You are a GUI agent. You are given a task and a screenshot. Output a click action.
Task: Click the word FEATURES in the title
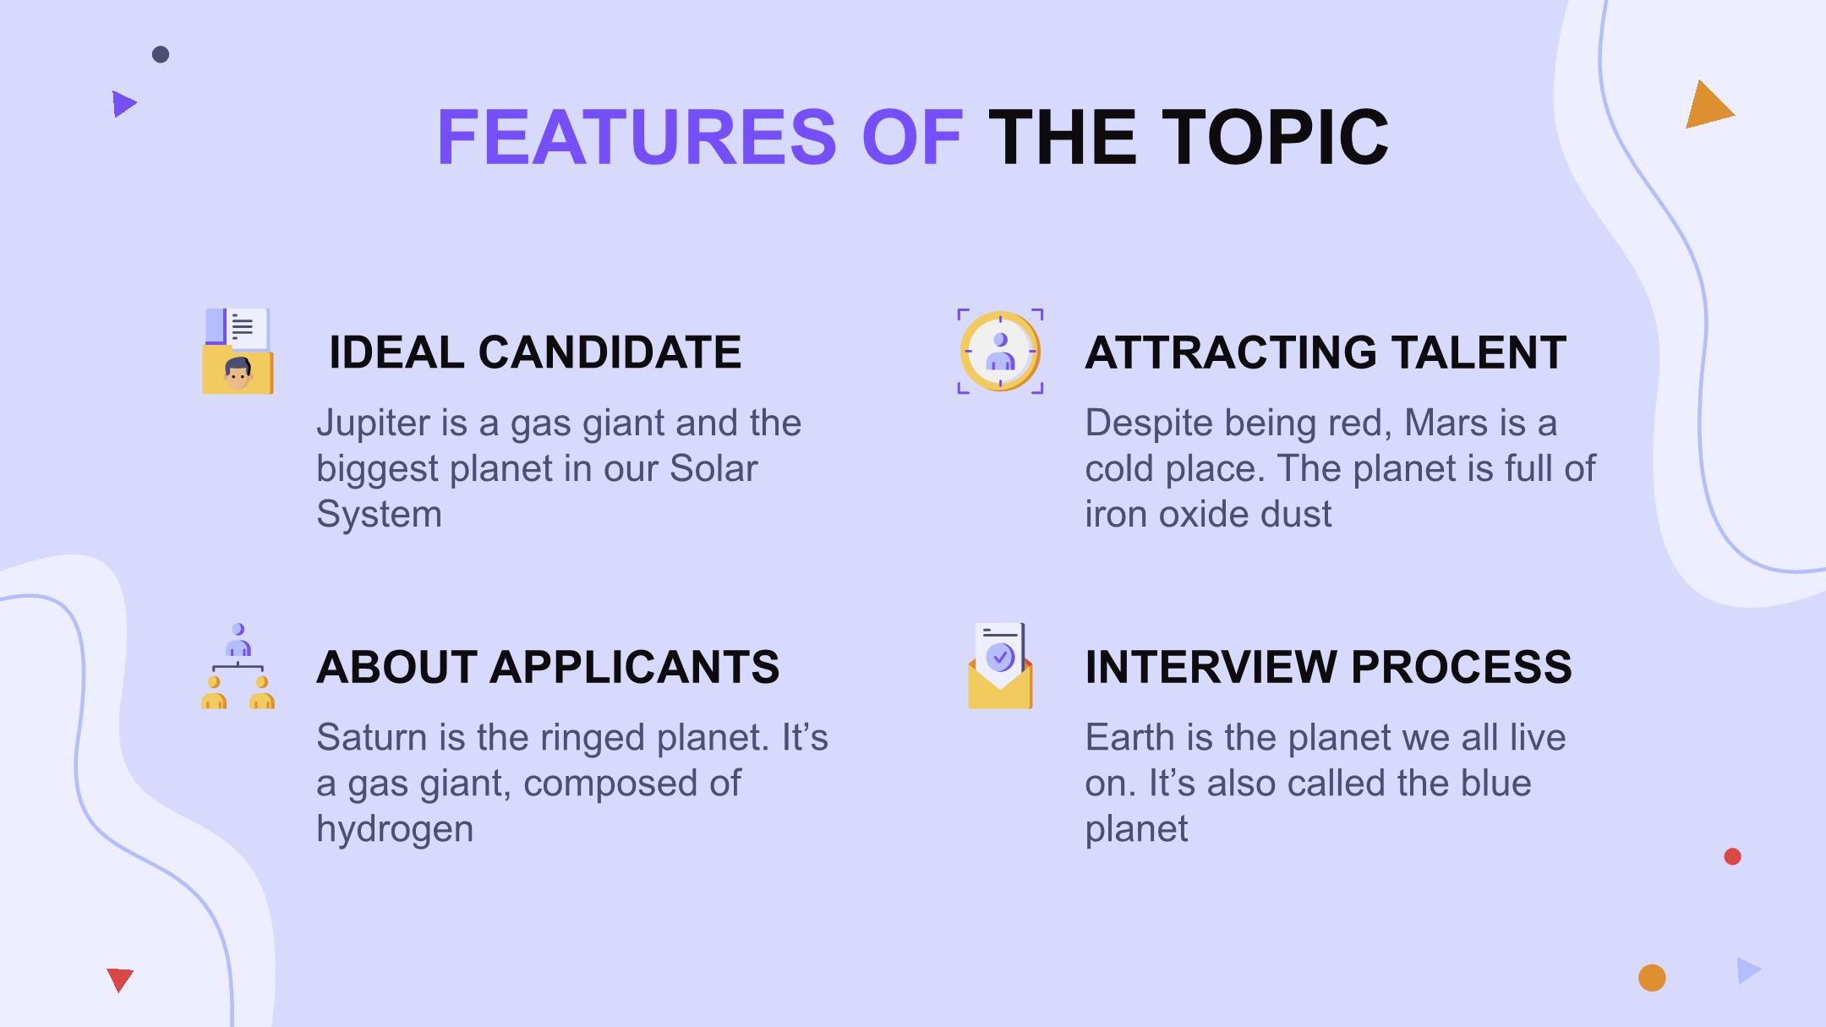point(637,137)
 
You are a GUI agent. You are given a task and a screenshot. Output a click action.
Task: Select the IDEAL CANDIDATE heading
point(535,352)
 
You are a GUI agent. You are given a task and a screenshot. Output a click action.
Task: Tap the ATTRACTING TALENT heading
point(1326,352)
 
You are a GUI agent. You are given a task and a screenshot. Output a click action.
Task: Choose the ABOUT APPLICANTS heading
point(548,666)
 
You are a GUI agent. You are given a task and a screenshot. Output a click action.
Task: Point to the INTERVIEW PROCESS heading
point(1328,666)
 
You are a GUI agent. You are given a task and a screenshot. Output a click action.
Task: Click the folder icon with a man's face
point(238,351)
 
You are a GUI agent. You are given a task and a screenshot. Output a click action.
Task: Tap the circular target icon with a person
point(1000,351)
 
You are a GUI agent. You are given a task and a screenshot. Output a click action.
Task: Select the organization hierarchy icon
point(238,665)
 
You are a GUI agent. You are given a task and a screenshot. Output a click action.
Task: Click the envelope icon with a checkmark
point(1000,665)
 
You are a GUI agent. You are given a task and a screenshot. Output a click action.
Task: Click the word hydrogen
point(395,829)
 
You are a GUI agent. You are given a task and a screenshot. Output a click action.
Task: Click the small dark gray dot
point(161,55)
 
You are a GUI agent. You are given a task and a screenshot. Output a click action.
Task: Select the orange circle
point(1652,978)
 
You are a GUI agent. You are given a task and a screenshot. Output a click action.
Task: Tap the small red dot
point(1732,856)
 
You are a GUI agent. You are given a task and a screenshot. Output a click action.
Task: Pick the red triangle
point(120,978)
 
